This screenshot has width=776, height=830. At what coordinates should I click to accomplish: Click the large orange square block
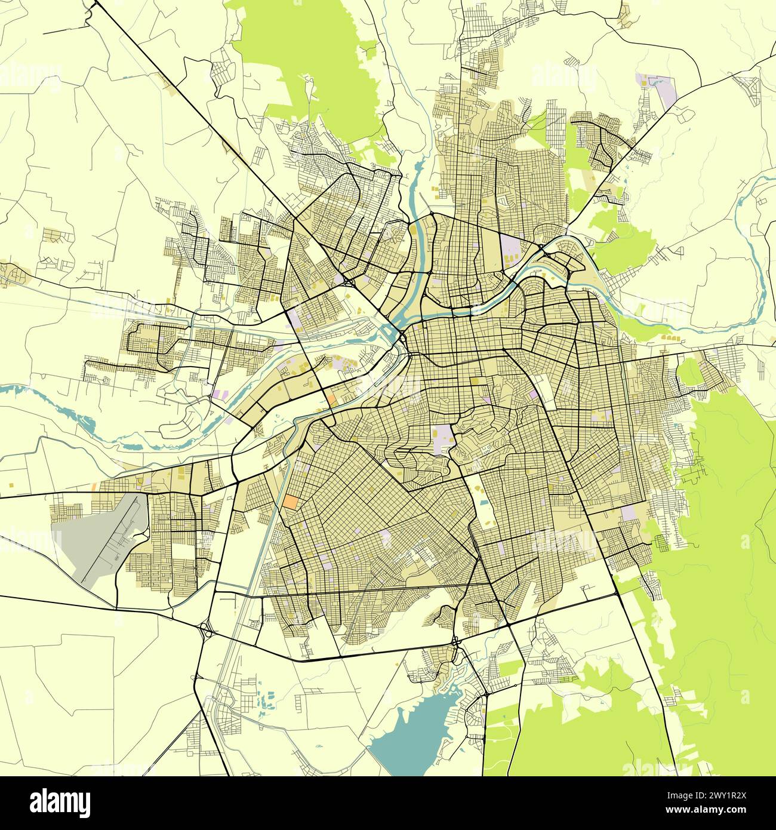point(291,502)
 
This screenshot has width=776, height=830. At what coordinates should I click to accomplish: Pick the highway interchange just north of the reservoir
point(457,642)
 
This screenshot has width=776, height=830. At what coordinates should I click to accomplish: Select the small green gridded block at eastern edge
point(661,542)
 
